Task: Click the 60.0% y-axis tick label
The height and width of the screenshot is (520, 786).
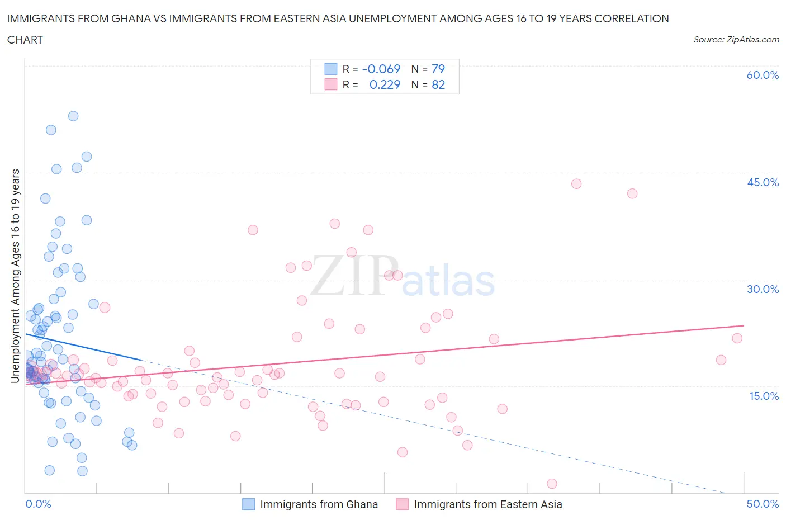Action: pos(763,75)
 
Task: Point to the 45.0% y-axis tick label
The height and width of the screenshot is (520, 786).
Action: pos(763,182)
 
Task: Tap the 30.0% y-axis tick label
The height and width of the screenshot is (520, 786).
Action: pos(763,289)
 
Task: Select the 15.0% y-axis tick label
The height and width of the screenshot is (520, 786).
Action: pos(763,396)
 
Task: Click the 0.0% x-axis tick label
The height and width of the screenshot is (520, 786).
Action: pos(38,504)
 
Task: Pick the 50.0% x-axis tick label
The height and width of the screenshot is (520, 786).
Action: pos(763,504)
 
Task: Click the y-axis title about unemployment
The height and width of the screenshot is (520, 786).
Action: pos(15,276)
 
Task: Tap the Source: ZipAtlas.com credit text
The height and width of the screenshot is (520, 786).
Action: pos(736,40)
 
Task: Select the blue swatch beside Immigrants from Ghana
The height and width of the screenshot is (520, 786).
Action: pos(248,504)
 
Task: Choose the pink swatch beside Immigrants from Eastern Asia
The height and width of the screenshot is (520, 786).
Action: pos(402,504)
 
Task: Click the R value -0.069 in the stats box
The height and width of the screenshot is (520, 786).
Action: pos(381,69)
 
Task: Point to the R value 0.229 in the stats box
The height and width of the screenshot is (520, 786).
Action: pos(385,84)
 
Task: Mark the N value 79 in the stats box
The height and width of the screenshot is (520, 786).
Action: pos(438,69)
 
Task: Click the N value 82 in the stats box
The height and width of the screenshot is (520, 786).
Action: pos(438,84)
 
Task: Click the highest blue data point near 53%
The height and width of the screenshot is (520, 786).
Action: pos(73,116)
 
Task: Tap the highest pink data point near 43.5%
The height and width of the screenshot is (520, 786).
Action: pos(576,184)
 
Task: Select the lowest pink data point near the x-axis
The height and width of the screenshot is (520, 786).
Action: pos(552,484)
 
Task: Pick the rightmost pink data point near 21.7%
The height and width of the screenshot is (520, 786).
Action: pos(737,338)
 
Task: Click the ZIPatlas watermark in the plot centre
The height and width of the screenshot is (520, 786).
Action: pos(403,277)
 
